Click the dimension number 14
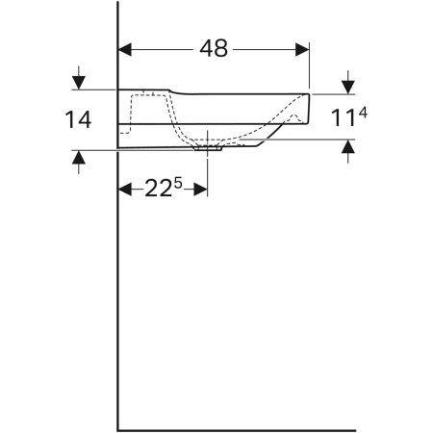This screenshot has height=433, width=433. tap(78, 119)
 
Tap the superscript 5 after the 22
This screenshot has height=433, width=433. tap(177, 181)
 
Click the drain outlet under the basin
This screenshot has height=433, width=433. tap(208, 148)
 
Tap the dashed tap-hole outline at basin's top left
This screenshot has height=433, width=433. tap(144, 95)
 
